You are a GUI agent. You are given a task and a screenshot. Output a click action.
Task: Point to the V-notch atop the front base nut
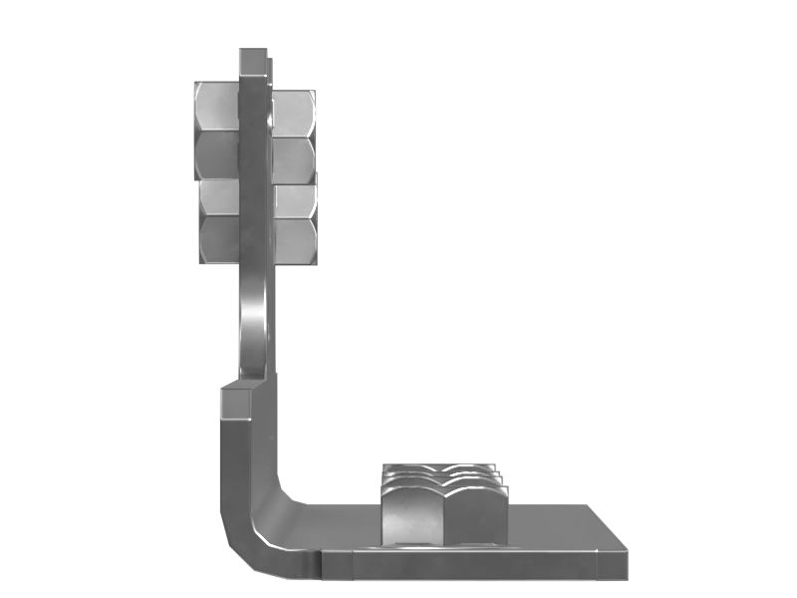(444, 485)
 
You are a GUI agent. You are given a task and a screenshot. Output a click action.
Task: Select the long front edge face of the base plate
(468, 564)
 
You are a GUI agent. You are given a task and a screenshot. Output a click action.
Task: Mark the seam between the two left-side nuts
(218, 179)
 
